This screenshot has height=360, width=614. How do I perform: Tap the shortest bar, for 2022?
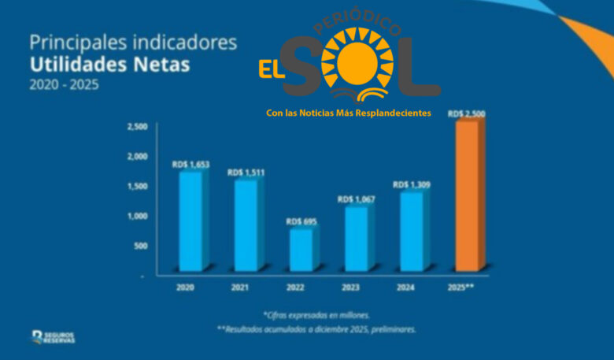click(301, 249)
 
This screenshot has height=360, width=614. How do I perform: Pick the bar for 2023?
click(356, 238)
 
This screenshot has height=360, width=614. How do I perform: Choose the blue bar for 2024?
click(411, 230)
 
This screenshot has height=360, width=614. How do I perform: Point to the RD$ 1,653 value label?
click(190, 165)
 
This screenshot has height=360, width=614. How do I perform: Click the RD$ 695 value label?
click(301, 221)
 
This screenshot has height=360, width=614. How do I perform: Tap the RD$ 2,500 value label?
click(466, 114)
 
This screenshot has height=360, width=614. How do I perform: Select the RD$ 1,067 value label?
click(356, 199)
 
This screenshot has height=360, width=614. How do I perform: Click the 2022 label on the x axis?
click(296, 288)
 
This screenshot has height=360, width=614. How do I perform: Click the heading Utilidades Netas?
click(109, 65)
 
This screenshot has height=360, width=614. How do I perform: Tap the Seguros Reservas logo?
click(54, 337)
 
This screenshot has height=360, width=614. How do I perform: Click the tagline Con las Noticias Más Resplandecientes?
click(349, 113)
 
